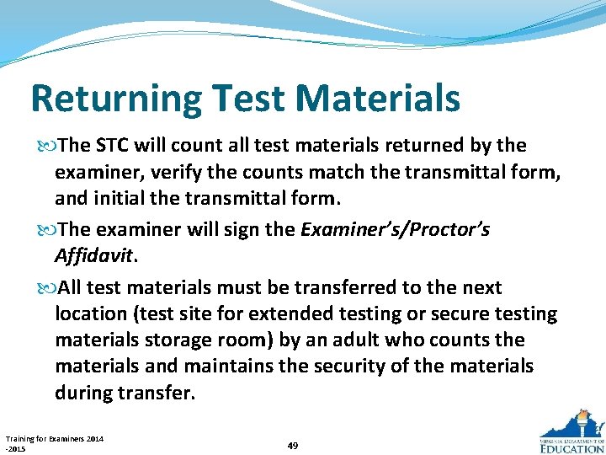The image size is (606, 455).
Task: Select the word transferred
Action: [x=341, y=287]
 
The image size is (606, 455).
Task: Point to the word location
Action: [x=90, y=313]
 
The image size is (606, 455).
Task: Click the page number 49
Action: [x=292, y=445]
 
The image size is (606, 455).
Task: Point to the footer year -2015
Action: [x=16, y=448]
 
